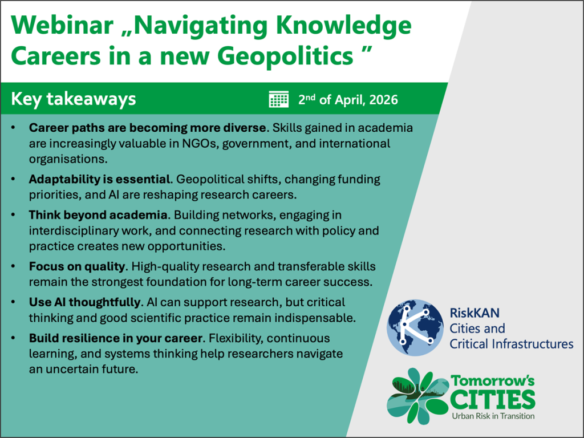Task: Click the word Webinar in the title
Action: pos(62,25)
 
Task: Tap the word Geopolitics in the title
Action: pos(285,56)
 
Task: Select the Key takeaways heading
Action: pos(74,99)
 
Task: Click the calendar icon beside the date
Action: pos(278,99)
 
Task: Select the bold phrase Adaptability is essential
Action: pos(99,179)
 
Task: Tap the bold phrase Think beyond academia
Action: pos(98,215)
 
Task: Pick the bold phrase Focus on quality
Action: pos(77,267)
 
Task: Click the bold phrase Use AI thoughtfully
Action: pos(84,302)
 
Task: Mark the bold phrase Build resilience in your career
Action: pos(116,338)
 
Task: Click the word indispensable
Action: pos(314,318)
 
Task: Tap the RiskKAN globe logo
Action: pos(415,327)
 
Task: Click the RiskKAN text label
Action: pos(474,313)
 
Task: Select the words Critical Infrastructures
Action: pos(512,344)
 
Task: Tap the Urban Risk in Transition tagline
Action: pos(493,416)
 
